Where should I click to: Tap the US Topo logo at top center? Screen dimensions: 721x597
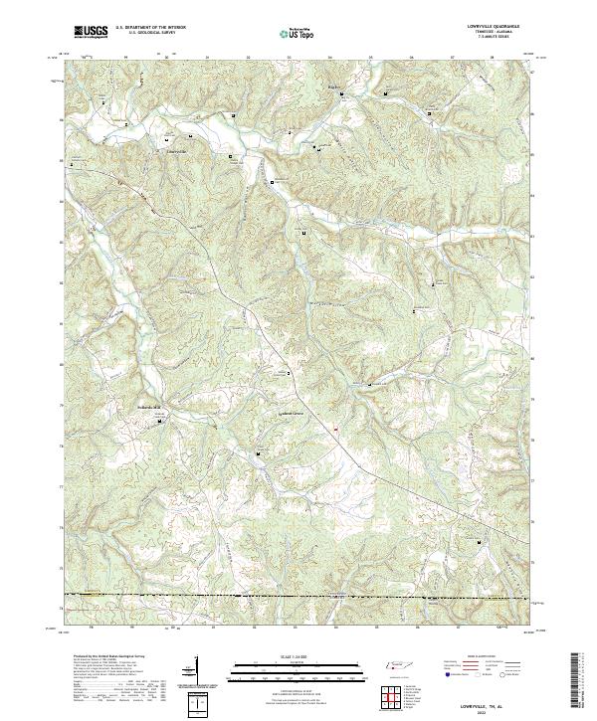(297, 33)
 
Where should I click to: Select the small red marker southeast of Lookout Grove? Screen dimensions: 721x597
(336, 430)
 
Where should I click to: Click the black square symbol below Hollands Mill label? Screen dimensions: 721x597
(161, 422)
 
